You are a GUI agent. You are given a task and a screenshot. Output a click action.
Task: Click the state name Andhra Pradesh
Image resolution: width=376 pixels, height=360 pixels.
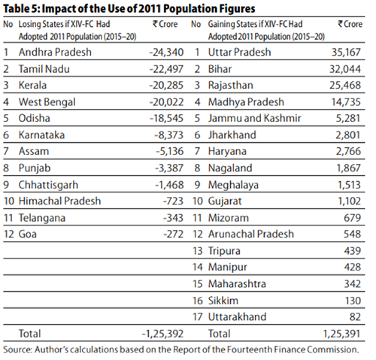(55, 52)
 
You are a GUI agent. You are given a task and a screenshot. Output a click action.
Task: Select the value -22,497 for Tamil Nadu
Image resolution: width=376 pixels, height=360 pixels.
(166, 69)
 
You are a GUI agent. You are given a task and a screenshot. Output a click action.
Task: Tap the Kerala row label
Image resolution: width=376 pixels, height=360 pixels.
(32, 85)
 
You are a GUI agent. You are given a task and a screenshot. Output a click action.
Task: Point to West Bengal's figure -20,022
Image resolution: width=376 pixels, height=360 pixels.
(166, 102)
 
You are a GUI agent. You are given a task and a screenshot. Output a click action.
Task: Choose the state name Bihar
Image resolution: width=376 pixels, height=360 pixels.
(220, 69)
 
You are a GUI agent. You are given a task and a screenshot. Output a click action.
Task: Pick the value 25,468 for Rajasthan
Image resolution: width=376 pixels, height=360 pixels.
(345, 85)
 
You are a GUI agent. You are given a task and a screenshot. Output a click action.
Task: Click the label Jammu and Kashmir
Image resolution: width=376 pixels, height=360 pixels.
(254, 118)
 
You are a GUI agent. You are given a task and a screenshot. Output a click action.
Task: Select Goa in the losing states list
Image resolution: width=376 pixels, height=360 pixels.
(28, 234)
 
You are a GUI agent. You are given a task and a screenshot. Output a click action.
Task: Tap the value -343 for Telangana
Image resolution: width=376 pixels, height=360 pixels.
(174, 218)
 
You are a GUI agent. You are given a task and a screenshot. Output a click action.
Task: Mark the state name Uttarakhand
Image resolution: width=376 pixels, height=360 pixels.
(237, 317)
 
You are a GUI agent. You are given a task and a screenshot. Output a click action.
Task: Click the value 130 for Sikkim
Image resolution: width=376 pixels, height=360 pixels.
(353, 301)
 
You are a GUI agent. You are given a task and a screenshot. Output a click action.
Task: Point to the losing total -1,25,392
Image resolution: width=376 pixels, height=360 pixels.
(162, 334)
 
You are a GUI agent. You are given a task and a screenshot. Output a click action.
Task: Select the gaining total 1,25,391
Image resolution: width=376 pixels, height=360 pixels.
(342, 334)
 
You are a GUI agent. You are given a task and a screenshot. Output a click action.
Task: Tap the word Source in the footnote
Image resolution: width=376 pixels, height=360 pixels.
(17, 349)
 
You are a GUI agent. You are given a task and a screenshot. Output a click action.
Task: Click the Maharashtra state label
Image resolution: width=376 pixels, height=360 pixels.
(237, 284)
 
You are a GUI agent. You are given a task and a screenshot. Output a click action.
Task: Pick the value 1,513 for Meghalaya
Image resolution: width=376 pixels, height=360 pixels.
(349, 185)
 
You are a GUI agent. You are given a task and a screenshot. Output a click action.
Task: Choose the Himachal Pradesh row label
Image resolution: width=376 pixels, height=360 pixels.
(59, 201)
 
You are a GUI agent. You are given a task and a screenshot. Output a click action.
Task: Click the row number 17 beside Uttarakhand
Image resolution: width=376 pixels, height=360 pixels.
(198, 317)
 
